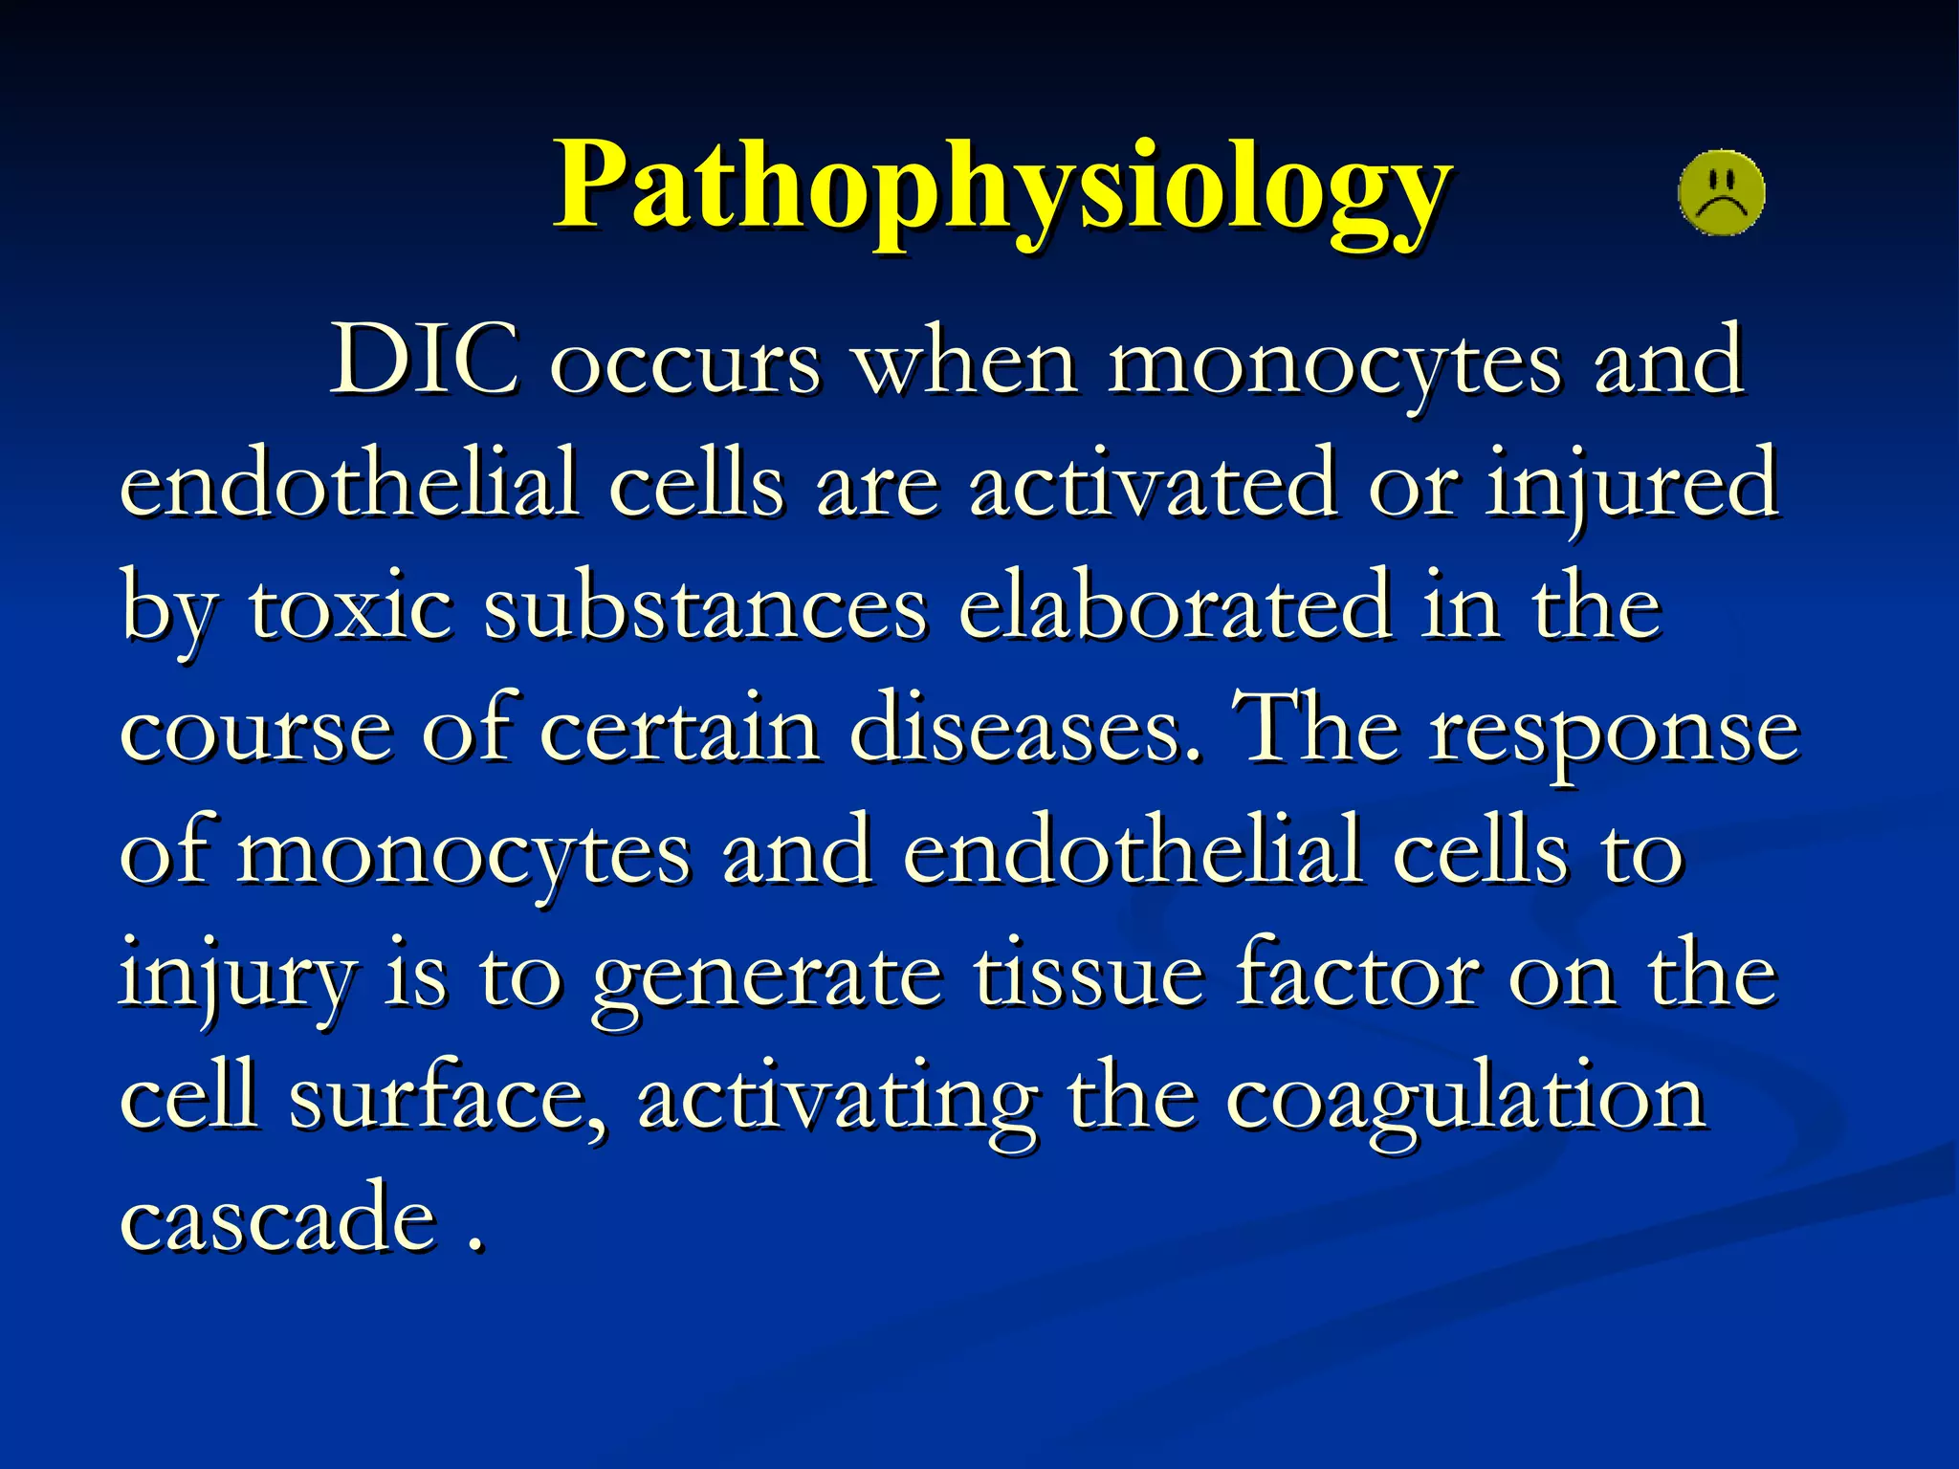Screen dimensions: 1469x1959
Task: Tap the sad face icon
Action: pos(1721,193)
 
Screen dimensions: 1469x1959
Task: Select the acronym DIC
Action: pos(424,362)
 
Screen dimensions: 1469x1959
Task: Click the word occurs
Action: pos(685,365)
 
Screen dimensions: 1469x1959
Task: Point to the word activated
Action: pos(1153,484)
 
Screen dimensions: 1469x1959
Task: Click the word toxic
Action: pos(350,608)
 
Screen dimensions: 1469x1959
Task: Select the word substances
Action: pos(705,608)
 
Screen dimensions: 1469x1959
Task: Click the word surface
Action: pos(447,1098)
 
